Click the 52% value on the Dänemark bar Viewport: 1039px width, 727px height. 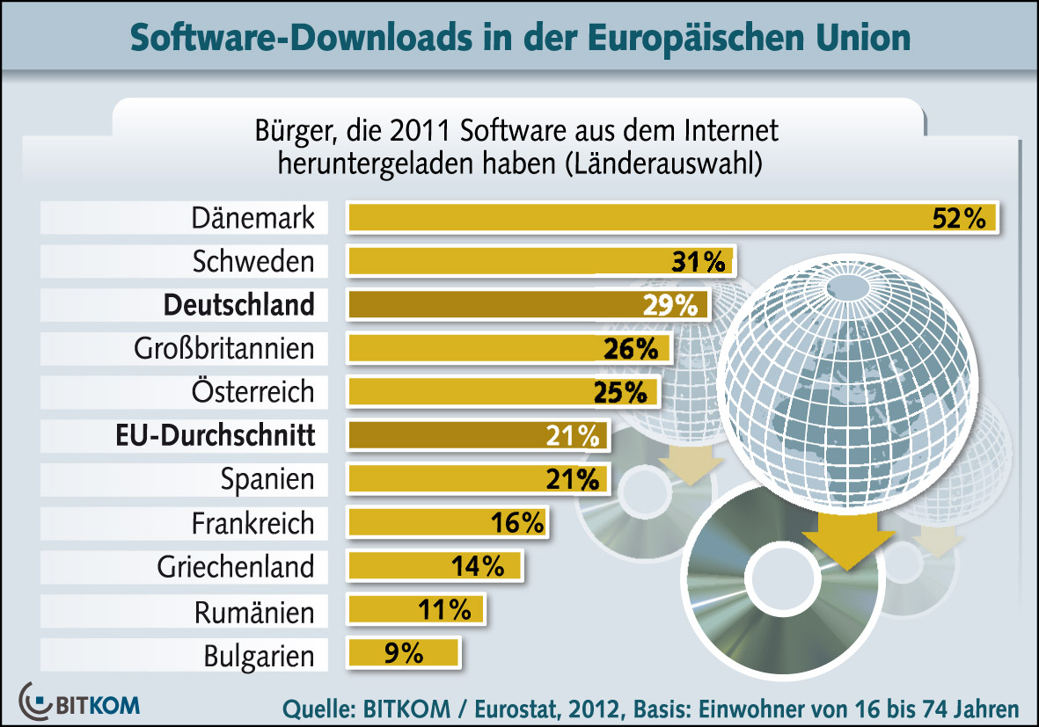959,218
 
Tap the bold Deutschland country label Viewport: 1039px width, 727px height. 238,304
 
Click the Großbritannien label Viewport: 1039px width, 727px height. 223,348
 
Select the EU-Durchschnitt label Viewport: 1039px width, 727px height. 215,435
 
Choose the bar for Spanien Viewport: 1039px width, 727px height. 475,479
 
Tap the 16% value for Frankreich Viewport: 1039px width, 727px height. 517,523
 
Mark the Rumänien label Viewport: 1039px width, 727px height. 254,611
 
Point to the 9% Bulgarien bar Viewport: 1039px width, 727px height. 403,653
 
